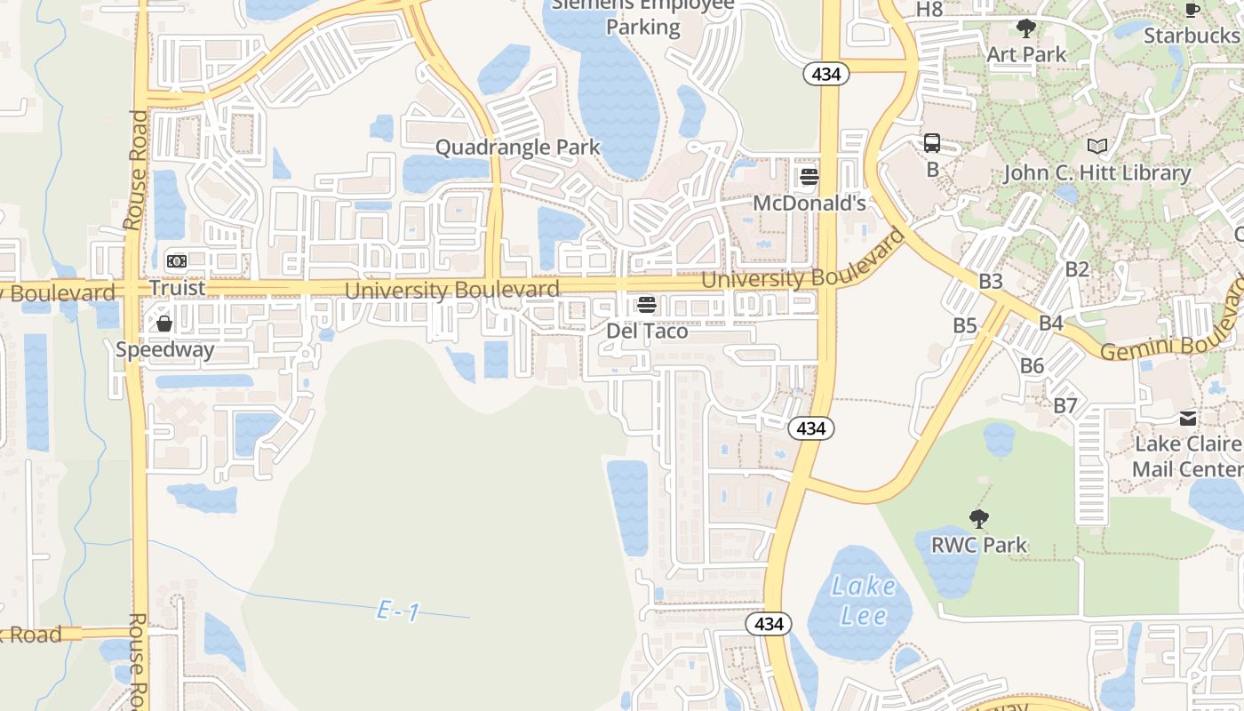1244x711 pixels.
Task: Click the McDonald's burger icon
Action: [809, 176]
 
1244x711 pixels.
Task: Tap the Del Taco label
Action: [647, 331]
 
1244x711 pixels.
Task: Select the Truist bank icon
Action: [177, 260]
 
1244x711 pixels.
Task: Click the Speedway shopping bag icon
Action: [164, 324]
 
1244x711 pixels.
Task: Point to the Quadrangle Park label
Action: [518, 147]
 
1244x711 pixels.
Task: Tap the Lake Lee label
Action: [863, 601]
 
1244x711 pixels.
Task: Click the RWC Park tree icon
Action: [979, 517]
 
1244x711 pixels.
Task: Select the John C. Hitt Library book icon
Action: [1097, 146]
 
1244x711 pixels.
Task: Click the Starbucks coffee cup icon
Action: [1192, 10]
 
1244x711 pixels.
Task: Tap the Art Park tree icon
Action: [1026, 28]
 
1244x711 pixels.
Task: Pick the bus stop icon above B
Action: [932, 142]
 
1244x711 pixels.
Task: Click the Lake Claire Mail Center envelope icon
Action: [1188, 418]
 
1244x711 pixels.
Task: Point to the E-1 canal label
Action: [398, 611]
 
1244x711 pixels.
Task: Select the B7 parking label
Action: [1065, 406]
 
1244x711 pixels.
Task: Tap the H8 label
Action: [929, 10]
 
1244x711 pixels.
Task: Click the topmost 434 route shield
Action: [826, 75]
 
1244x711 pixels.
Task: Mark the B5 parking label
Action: [965, 325]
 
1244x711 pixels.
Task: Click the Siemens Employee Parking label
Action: [643, 16]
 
